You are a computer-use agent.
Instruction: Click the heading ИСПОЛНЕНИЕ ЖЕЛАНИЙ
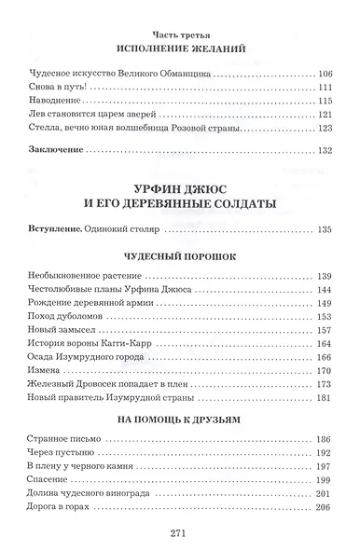(x=180, y=47)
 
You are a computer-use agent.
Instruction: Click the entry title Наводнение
(x=78, y=100)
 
